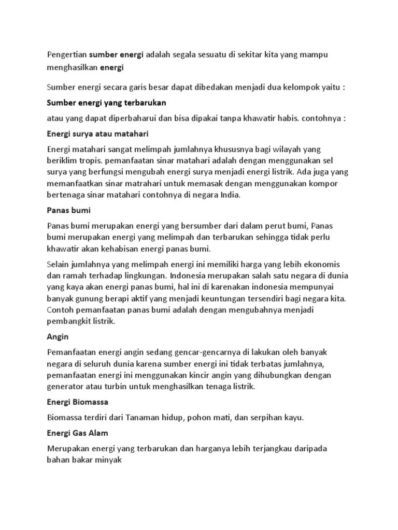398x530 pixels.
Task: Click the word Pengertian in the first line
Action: [x=67, y=54]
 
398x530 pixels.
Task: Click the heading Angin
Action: [x=58, y=337]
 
